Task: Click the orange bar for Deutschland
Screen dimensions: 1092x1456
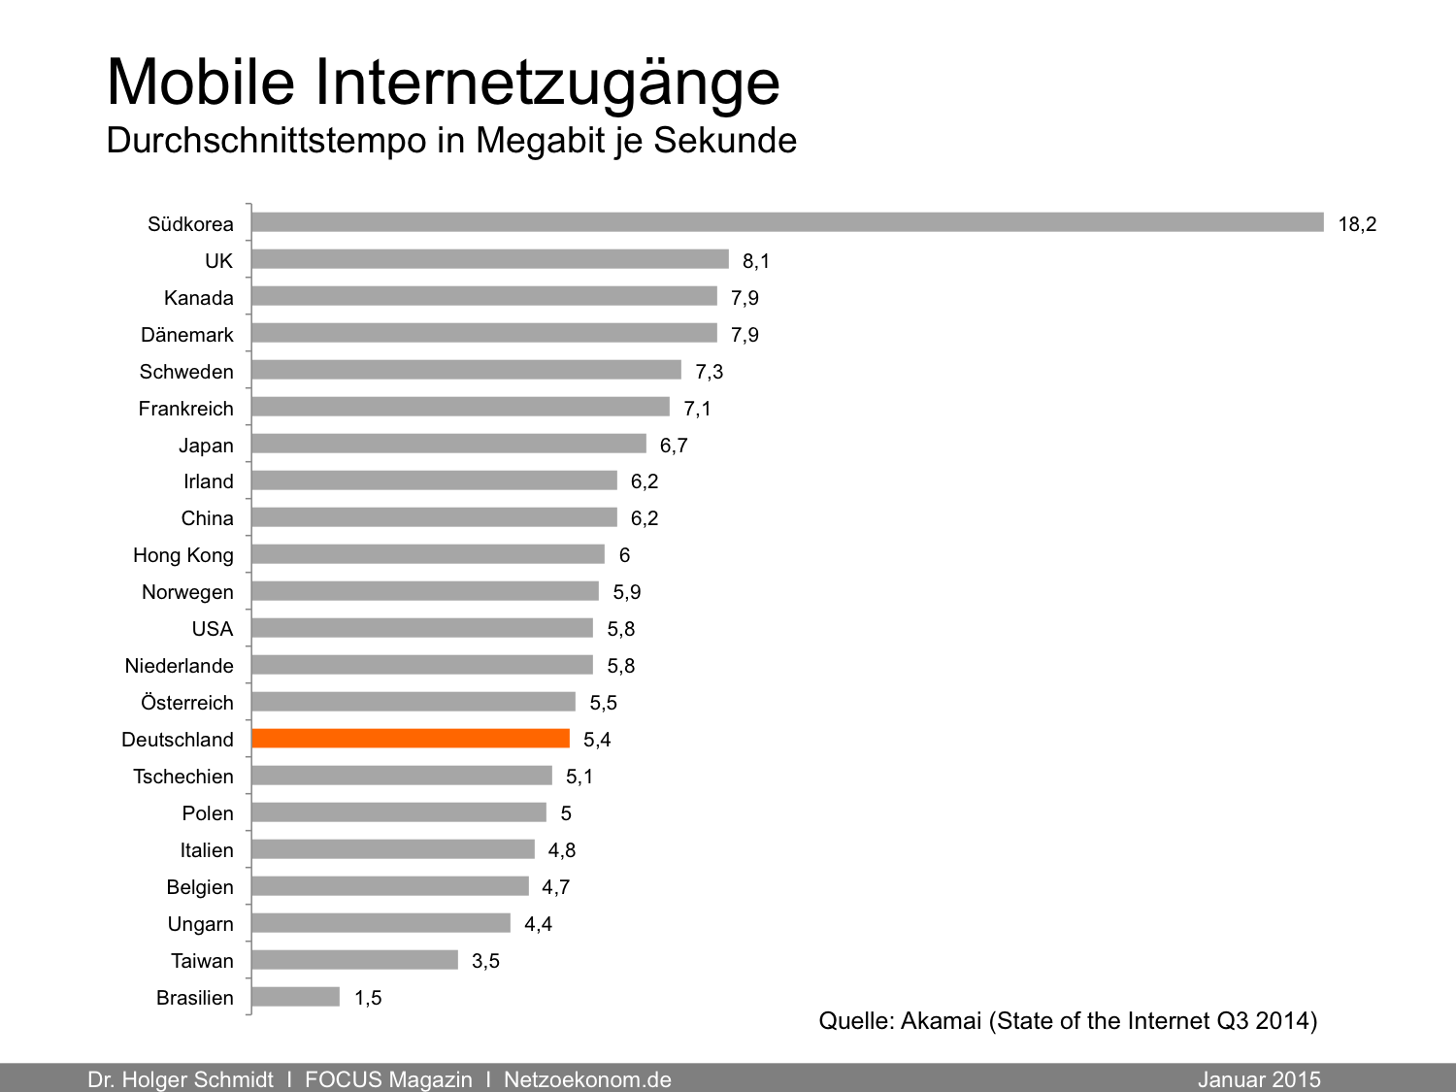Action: coord(411,739)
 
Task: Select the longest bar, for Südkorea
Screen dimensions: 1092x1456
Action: coord(787,222)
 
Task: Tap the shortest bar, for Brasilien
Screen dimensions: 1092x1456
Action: coord(296,997)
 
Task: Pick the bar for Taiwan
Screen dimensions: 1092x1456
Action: coord(355,960)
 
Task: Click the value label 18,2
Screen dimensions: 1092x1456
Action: coord(1357,224)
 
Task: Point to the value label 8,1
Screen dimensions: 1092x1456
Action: coord(756,261)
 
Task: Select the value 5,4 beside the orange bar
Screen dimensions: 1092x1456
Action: coord(597,740)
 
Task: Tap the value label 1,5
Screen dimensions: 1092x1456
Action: coord(368,998)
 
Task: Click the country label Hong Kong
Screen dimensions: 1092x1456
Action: coord(183,555)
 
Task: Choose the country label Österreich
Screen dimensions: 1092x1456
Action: coord(187,703)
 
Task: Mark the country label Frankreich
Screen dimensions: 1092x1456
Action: coord(185,409)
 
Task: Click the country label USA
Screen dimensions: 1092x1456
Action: coord(213,629)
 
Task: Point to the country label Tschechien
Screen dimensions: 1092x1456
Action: coord(183,777)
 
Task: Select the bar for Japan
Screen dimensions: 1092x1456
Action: coord(448,444)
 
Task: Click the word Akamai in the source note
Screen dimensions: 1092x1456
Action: coord(941,1021)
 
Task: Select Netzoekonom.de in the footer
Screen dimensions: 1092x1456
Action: coord(587,1079)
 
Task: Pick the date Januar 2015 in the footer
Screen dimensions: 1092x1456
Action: coord(1259,1079)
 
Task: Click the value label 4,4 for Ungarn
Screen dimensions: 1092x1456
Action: coord(538,924)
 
